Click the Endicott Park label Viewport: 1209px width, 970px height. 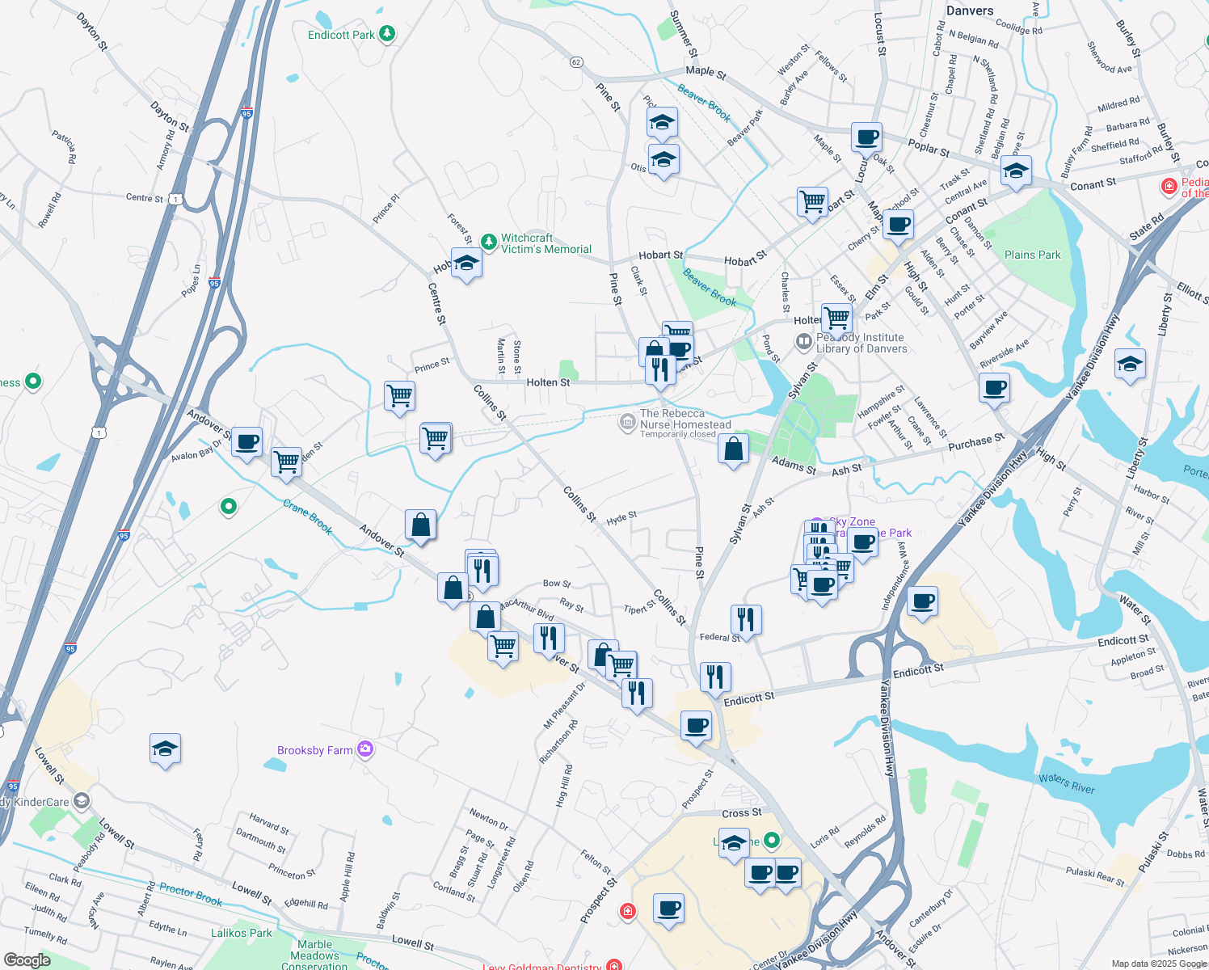341,35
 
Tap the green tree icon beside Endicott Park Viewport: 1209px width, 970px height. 388,33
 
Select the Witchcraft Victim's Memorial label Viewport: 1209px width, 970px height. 546,243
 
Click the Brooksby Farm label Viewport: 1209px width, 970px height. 314,750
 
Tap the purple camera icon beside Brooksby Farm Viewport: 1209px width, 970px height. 365,749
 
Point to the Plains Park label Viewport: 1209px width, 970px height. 1032,255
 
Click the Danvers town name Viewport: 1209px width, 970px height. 969,11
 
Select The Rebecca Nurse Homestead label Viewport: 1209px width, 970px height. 685,419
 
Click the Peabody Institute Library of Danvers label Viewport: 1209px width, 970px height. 861,343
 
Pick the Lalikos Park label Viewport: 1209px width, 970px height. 241,933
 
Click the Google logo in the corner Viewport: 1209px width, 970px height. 27,959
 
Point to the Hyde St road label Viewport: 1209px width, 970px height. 621,517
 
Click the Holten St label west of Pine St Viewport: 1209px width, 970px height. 548,382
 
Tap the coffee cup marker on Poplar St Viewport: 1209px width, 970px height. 866,138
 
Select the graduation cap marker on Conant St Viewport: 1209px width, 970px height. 1016,171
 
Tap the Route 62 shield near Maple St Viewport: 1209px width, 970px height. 576,62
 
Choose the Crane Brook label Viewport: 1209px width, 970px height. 308,517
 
